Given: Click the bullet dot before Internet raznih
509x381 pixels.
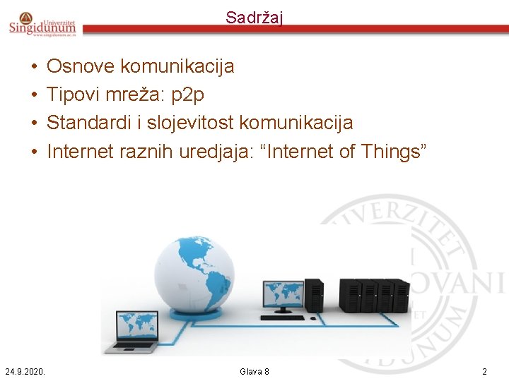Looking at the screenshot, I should point(34,151).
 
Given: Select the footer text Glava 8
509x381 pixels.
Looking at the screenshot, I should point(255,371).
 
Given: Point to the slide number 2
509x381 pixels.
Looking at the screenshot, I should point(484,371).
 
